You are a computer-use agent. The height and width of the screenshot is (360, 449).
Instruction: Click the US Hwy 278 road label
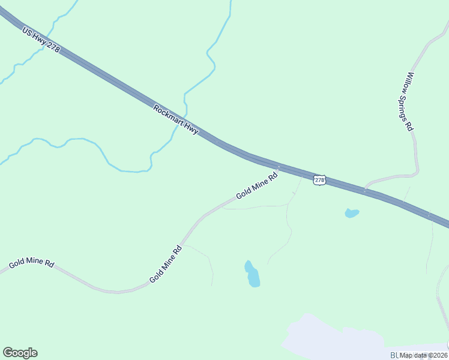pos(41,40)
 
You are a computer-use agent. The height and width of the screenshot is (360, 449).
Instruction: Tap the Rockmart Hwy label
pos(175,119)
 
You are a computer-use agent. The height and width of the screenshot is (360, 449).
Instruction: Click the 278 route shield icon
pos(319,180)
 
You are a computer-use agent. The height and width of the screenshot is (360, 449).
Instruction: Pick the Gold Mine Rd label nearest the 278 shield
pos(257,186)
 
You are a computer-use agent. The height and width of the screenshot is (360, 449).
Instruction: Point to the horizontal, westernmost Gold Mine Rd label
pos(31,264)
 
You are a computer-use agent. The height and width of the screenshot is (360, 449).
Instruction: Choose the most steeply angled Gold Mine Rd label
pos(165,265)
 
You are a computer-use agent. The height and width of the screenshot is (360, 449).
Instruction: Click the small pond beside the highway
pos(352,213)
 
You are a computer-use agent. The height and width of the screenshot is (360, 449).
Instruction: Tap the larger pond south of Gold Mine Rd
pos(252,275)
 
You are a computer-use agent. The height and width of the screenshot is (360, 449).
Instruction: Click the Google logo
pos(20,353)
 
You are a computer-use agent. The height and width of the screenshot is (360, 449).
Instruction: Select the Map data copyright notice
pos(424,355)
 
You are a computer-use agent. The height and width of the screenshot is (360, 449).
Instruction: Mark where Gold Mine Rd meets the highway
pos(279,167)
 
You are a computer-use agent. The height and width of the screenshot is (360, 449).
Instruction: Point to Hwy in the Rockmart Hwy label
pos(191,128)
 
